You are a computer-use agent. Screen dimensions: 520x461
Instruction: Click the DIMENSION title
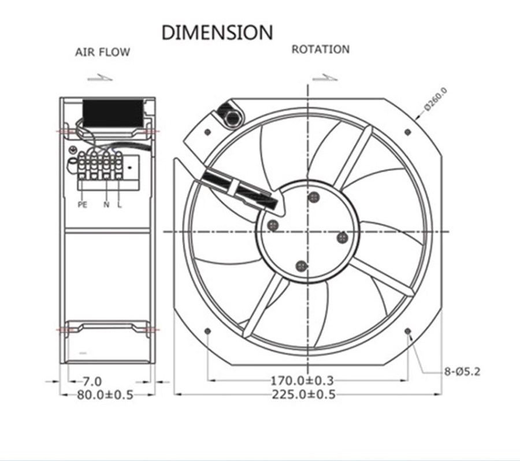[217, 32]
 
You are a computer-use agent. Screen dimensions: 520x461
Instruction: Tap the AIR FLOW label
[102, 52]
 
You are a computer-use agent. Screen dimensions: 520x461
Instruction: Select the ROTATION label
[320, 50]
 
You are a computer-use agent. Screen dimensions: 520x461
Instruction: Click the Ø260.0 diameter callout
[436, 99]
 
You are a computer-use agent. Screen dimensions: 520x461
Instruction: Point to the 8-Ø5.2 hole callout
[462, 372]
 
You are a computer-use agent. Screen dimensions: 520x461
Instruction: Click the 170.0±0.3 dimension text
[302, 380]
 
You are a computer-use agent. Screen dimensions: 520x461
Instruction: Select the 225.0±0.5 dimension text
[303, 395]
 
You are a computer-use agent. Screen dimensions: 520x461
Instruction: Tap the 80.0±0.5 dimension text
[105, 395]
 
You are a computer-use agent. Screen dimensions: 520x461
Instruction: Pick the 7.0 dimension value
[92, 381]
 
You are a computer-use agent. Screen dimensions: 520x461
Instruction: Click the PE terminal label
[83, 205]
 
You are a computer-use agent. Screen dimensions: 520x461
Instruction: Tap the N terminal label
[106, 205]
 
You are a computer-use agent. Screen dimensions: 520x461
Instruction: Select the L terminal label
[120, 205]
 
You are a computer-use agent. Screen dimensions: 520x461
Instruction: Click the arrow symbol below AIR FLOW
[100, 77]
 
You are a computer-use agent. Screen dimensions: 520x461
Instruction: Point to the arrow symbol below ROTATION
[325, 77]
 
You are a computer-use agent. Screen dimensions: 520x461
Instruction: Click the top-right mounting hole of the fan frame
[408, 132]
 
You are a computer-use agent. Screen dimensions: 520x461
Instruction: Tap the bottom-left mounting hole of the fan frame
[207, 332]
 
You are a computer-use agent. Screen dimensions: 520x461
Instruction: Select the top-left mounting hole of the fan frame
[208, 132]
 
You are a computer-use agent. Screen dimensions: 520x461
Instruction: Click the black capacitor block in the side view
[113, 113]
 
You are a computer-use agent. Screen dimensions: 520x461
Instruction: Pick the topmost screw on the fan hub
[313, 198]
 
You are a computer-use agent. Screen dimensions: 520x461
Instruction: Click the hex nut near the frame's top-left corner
[233, 117]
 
